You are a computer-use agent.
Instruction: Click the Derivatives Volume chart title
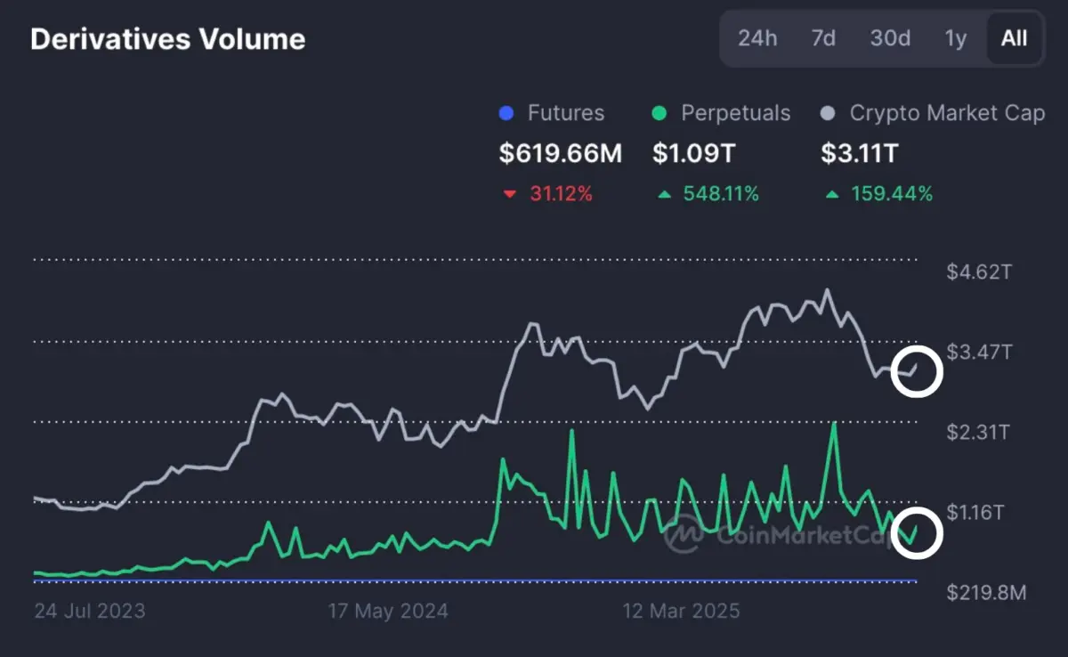(x=168, y=39)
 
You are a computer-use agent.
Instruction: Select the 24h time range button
(x=757, y=38)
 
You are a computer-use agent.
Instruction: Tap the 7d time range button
(x=823, y=38)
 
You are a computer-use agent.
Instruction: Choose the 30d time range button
(x=890, y=38)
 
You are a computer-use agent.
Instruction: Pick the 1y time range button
(x=955, y=38)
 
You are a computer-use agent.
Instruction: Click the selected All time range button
(x=1014, y=38)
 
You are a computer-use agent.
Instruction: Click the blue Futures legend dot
(x=507, y=114)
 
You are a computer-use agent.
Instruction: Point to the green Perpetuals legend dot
(x=659, y=114)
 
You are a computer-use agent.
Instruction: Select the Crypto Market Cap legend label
(x=947, y=113)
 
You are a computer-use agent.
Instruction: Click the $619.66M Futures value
(x=560, y=153)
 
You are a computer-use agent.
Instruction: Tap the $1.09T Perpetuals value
(x=694, y=153)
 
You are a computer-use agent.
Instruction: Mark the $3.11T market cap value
(x=859, y=153)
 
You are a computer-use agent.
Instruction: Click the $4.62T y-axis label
(x=978, y=272)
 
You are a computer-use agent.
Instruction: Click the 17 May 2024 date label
(x=388, y=612)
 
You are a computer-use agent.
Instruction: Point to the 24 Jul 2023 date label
(x=89, y=612)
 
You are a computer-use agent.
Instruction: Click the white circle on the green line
(x=916, y=532)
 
